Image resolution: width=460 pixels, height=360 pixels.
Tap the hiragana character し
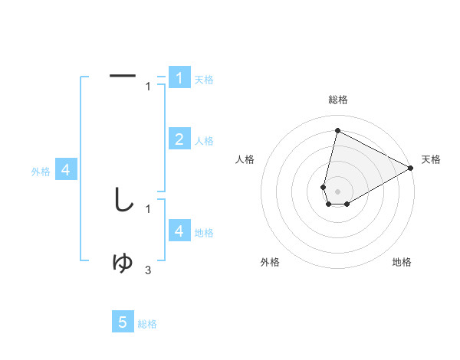point(123,200)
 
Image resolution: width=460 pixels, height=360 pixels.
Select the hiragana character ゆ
point(123,263)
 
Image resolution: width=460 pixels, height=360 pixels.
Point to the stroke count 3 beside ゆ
point(148,270)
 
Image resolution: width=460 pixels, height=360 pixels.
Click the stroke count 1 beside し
point(148,208)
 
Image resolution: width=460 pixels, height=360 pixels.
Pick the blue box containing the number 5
point(123,322)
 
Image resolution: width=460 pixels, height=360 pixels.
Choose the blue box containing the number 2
point(179,139)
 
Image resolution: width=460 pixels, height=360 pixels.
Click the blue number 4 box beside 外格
point(66,170)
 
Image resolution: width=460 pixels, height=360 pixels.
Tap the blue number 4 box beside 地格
point(179,231)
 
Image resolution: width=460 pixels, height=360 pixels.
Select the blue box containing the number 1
point(179,77)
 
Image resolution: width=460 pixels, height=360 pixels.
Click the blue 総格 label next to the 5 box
point(147,325)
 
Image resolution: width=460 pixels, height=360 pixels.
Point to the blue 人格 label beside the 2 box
point(204,141)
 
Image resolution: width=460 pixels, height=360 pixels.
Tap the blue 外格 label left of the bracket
point(41,172)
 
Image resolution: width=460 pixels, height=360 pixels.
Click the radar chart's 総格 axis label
point(337,100)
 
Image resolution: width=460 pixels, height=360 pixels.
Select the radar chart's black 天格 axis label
point(431,159)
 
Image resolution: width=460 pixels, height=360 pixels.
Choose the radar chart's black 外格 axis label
point(270,263)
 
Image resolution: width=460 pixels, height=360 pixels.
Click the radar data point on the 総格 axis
point(337,130)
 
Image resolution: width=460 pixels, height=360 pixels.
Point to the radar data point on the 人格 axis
point(324,187)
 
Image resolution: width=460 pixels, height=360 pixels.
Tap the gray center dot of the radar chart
point(337,191)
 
